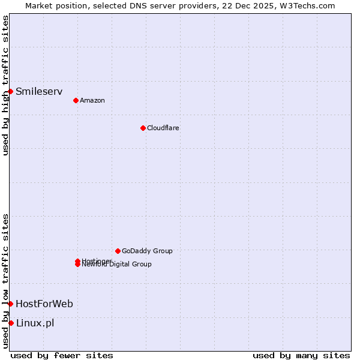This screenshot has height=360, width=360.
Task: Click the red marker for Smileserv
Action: pyautogui.click(x=11, y=91)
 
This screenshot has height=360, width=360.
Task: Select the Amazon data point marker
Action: pyautogui.click(x=76, y=100)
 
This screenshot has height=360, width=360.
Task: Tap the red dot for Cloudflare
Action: pyautogui.click(x=143, y=128)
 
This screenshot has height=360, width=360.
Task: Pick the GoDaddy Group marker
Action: pyautogui.click(x=118, y=251)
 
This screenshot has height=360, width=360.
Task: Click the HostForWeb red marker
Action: pyautogui.click(x=11, y=304)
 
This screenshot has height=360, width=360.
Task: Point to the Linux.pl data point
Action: pyautogui.click(x=11, y=323)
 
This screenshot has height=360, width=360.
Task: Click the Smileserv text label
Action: pyautogui.click(x=39, y=92)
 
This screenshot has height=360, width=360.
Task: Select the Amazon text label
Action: pyautogui.click(x=92, y=100)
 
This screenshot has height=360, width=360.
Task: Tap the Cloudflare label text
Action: pyautogui.click(x=163, y=128)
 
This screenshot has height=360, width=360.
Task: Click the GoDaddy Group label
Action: pyautogui.click(x=147, y=251)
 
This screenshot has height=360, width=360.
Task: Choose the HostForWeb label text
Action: pyautogui.click(x=44, y=304)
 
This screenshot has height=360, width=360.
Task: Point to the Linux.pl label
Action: pyautogui.click(x=35, y=323)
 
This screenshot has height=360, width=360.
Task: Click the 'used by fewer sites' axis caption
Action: pyautogui.click(x=62, y=355)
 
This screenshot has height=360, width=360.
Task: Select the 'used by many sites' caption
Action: pyautogui.click(x=301, y=355)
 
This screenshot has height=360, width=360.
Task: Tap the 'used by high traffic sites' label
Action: pyautogui.click(x=5, y=85)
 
